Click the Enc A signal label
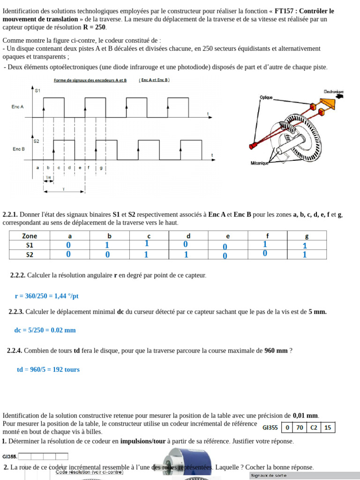point(18,107)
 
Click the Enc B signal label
point(18,149)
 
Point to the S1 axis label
point(37,90)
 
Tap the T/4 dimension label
point(48,177)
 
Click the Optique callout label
point(266,97)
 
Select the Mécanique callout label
point(259,163)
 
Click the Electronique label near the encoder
point(333,91)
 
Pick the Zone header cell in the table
point(30,236)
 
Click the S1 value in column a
point(68,245)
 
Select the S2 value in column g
point(305,255)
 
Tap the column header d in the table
point(188,236)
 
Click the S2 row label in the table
point(30,255)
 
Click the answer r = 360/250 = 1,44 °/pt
point(46,296)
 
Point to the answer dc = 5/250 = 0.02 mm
point(45,330)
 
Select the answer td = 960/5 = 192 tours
point(48,369)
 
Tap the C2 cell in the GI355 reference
point(314,427)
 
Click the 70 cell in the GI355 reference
point(300,427)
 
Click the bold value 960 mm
point(276,351)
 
